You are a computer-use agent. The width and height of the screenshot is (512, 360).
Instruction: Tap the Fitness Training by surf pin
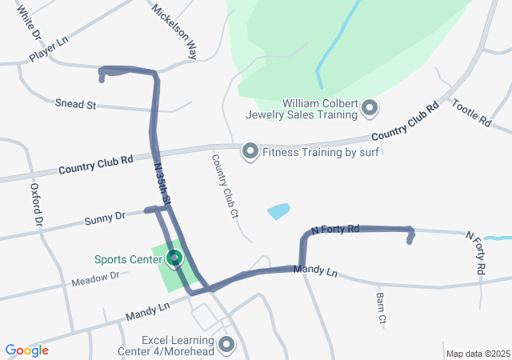coord(250,150)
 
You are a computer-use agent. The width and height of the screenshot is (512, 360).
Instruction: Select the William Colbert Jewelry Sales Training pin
coord(370,106)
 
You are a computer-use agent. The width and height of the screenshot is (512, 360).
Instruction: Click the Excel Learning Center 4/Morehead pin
coord(227,345)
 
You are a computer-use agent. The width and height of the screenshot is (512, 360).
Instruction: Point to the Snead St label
coord(75,104)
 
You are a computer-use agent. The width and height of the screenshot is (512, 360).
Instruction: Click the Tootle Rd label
coord(471,113)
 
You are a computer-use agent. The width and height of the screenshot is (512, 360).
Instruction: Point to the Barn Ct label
coord(381,308)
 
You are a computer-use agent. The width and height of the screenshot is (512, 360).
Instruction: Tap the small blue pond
coord(278,211)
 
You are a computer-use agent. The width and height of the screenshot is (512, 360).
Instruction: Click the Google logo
coord(26,350)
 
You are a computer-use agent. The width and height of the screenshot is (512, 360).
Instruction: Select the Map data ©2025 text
coord(477,354)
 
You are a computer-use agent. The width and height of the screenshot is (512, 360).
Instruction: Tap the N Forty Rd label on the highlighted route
coord(335,230)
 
